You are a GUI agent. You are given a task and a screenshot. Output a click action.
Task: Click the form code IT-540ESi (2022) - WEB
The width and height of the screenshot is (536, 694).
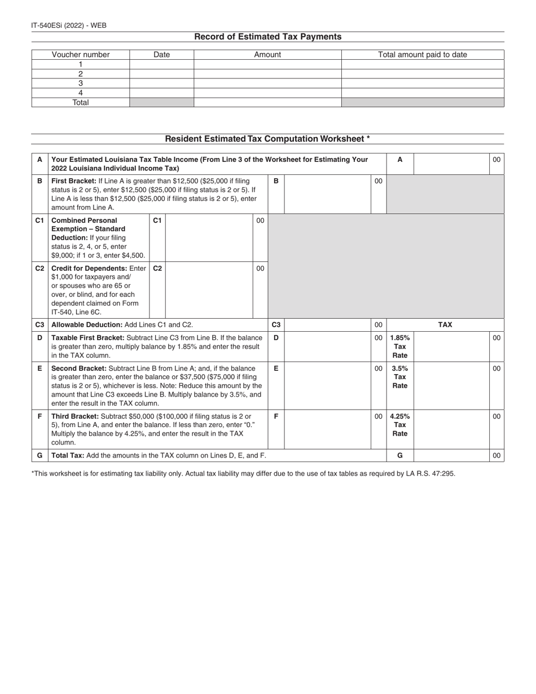coord(69,25)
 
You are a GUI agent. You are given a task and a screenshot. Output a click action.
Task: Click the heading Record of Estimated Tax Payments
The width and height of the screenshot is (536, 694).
coord(267,37)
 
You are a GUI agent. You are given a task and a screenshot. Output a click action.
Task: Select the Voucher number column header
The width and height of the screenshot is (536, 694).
coord(81,55)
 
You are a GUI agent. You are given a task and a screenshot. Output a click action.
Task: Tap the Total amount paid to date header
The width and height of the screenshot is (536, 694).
coord(422,55)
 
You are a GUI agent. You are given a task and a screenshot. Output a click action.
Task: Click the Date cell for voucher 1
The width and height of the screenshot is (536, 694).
coord(161,64)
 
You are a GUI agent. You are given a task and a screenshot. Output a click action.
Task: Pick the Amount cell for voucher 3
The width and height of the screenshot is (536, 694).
coord(267,83)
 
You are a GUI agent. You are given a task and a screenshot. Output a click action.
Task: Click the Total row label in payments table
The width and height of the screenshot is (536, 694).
coord(81,103)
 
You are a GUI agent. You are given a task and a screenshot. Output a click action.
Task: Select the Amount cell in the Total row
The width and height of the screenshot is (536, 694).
coord(267,103)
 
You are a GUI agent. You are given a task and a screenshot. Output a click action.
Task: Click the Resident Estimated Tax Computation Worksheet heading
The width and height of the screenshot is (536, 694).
coord(267,139)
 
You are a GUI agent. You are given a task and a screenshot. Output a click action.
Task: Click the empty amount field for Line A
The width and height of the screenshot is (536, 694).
coord(451,164)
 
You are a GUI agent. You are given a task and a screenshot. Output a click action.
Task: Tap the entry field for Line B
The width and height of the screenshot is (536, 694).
coord(327,194)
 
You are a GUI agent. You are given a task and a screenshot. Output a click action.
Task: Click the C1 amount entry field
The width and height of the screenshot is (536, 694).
coord(209,237)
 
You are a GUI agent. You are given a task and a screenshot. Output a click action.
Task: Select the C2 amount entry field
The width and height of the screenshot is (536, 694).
coord(209,289)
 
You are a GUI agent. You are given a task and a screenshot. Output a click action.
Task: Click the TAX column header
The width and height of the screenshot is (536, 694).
coord(445,325)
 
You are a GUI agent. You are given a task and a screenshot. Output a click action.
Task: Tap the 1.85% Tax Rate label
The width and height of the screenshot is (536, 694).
coord(400,346)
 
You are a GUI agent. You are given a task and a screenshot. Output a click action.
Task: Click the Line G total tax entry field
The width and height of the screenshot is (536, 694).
coord(451,455)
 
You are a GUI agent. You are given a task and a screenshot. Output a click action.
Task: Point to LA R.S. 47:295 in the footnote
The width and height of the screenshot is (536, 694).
coord(430,473)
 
